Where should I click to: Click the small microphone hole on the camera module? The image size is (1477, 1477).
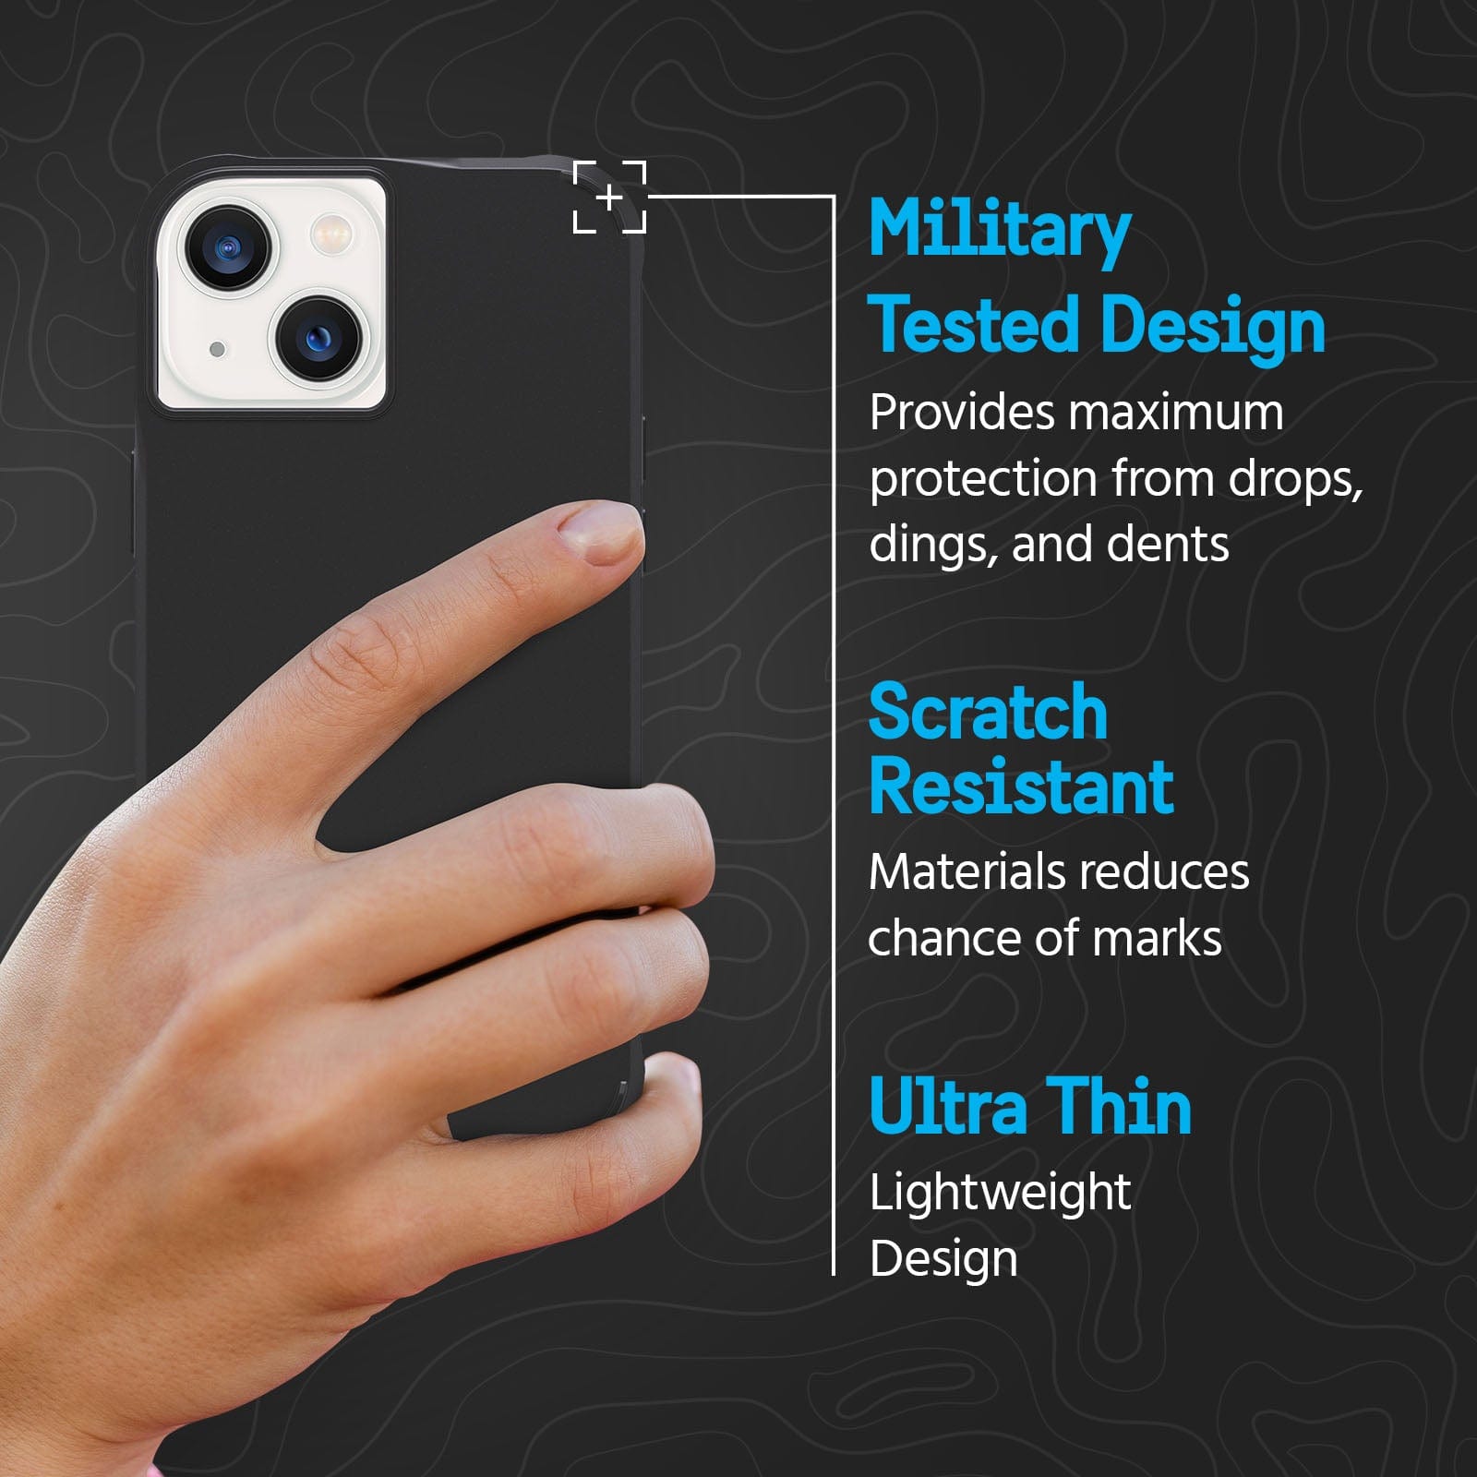coord(217,349)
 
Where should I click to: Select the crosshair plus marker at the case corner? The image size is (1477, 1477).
coord(609,197)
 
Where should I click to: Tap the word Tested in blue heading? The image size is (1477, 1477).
coord(975,325)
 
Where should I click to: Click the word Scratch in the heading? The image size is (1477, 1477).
coord(988,712)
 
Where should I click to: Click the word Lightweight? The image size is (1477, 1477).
coord(1000,1194)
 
